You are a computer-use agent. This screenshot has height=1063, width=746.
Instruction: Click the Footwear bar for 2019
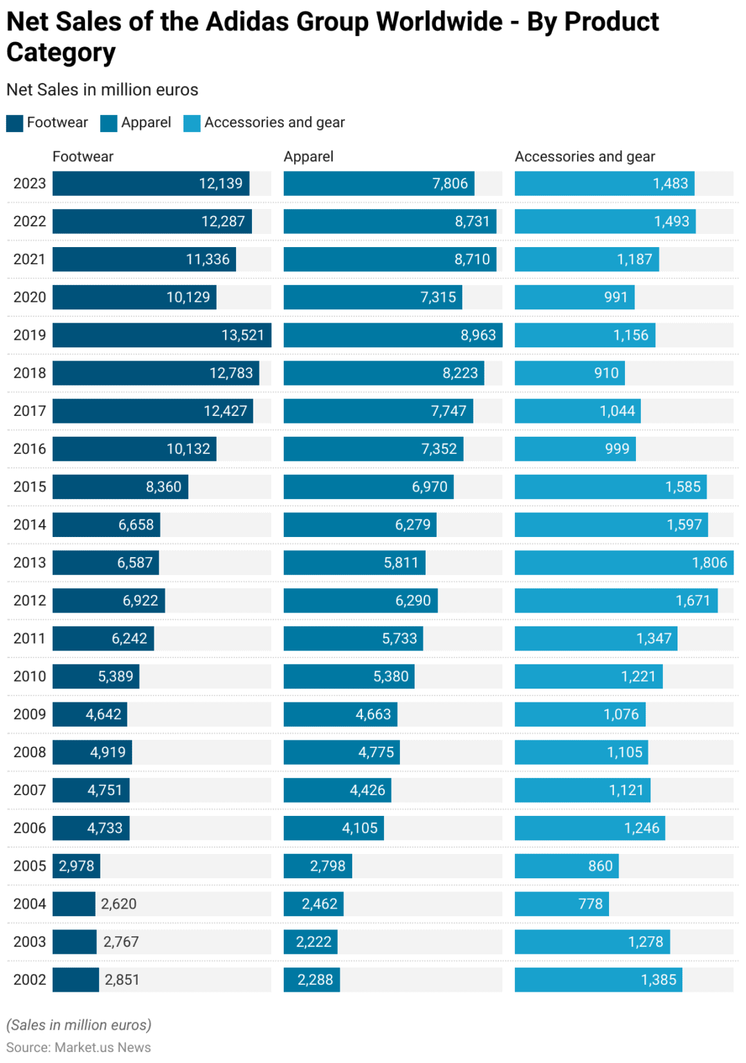pos(161,335)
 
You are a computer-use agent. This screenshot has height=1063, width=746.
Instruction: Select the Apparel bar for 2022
pos(390,221)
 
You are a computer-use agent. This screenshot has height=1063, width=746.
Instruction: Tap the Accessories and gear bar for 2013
pos(623,563)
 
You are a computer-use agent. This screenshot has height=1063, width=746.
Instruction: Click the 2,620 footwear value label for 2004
pos(118,904)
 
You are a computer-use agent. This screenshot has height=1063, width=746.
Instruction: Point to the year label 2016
pos(30,448)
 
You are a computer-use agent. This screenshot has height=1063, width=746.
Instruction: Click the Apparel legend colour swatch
pos(109,123)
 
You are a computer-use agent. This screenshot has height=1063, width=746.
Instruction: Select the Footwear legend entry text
pos(57,122)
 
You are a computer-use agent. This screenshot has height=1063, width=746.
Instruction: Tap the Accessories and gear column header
pos(584,156)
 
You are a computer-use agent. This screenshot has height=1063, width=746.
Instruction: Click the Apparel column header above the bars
pos(308,156)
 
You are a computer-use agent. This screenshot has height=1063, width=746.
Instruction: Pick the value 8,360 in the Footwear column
pos(163,487)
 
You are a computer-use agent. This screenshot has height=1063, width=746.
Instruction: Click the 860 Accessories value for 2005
pos(600,866)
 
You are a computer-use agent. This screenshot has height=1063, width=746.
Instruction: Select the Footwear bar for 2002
pos(75,979)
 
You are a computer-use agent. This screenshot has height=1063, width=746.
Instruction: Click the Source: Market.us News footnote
pos(78,1047)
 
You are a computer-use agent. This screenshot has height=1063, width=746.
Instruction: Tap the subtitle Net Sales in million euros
pos(102,90)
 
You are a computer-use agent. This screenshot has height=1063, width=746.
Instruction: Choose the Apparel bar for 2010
pos(349,676)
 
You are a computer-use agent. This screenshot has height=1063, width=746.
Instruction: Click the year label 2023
pos(30,183)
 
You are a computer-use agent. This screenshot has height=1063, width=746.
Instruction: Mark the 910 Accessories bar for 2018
pos(570,373)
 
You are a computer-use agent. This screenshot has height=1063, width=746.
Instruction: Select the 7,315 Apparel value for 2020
pos(438,297)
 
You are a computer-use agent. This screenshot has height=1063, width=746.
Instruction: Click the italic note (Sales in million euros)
pos(78,1025)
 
